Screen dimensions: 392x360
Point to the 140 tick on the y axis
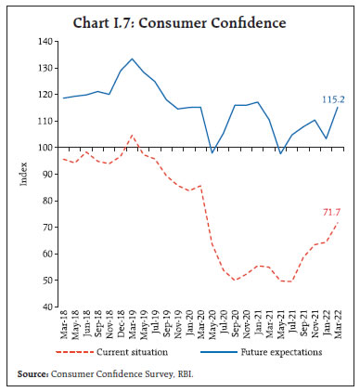43,42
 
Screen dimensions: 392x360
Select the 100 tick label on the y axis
43,147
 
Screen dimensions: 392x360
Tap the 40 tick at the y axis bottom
45,306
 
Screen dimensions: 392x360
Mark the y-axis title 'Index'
25,175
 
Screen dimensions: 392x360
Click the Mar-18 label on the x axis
63,325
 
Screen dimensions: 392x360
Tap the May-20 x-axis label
212,325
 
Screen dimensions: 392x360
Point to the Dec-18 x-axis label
121,325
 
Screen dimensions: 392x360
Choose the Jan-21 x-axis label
257,325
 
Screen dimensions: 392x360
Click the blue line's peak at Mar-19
132,59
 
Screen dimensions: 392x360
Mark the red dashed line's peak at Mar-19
132,136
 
